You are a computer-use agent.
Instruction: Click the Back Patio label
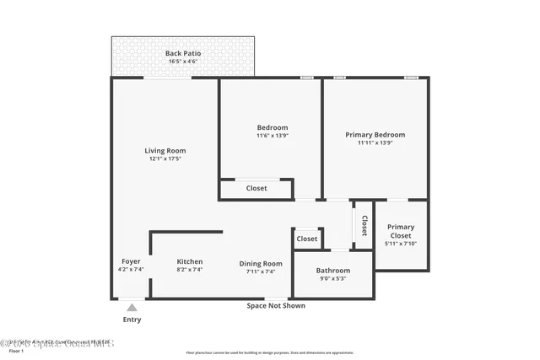181,53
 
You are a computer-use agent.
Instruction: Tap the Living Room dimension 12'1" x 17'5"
165,159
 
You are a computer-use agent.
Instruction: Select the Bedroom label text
272,127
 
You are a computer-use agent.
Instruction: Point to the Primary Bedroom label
375,135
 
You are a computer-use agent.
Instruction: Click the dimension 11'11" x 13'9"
375,142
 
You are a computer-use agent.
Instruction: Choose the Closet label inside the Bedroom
256,188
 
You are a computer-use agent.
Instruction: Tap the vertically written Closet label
364,225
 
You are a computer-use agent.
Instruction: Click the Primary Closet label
401,231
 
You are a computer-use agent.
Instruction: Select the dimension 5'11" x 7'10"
401,244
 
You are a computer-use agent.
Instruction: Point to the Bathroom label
333,271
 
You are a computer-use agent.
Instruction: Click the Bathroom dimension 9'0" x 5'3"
333,278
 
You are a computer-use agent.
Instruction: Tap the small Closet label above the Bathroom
307,239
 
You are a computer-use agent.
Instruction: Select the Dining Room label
260,263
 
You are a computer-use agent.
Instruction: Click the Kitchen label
190,262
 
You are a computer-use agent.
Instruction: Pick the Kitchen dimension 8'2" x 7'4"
190,271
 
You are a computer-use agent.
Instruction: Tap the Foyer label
131,261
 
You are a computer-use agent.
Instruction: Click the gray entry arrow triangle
132,308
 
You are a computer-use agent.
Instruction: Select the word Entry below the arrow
132,320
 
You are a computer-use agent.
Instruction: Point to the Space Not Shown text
276,305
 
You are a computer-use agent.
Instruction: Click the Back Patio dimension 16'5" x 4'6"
181,62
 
